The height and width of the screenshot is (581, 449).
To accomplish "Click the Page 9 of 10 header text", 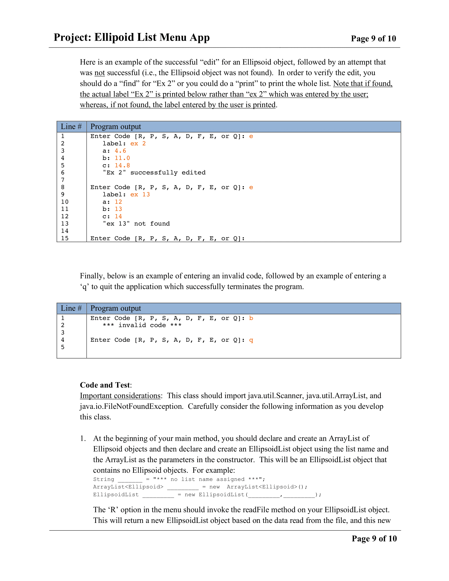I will (373, 39).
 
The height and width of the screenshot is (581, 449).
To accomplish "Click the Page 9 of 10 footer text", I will (374, 538).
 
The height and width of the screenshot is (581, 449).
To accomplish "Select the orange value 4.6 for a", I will (120, 151).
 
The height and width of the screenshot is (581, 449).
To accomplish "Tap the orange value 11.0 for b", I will (122, 158).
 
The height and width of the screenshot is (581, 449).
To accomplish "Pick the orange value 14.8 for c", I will (122, 166).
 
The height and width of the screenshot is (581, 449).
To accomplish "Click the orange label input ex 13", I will (140, 194).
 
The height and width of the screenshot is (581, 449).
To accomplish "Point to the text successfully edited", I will (167, 173).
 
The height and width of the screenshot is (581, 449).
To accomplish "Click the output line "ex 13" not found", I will (136, 224).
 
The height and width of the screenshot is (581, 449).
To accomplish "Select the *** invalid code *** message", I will (142, 325).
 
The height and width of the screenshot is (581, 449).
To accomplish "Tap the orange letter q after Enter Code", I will (251, 340).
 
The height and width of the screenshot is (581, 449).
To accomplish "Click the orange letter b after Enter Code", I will (251, 318).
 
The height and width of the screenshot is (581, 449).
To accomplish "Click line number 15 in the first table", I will (65, 238).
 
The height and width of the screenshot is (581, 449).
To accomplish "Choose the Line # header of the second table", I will (71, 308).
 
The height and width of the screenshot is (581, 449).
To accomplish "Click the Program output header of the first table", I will (115, 126).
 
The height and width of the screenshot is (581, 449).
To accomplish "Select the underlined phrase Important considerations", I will (120, 396).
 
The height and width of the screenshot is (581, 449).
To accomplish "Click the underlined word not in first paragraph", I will (100, 73).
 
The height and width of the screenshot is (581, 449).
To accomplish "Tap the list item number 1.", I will (83, 438).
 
